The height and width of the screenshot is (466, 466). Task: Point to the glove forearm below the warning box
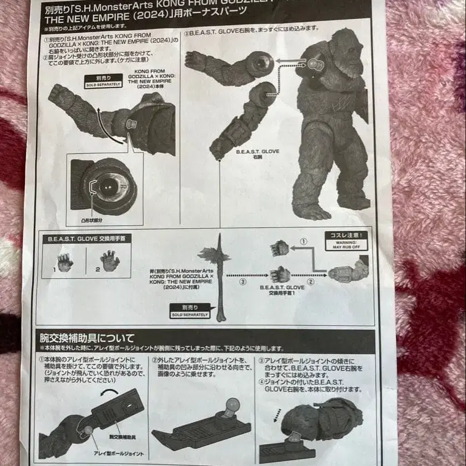(350, 271)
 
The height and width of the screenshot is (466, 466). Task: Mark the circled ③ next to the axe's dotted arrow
(243, 282)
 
